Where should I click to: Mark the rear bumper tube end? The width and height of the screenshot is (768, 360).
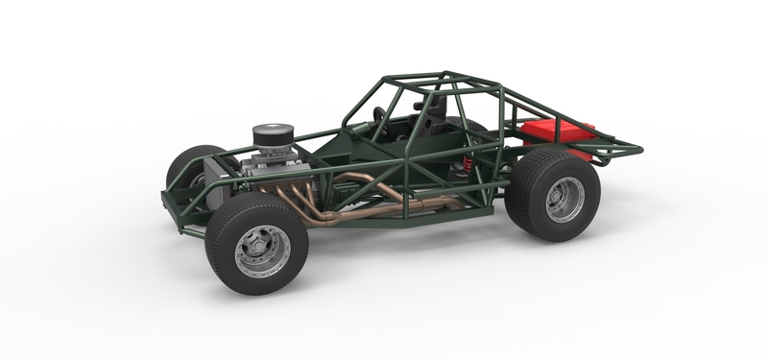point(636,149)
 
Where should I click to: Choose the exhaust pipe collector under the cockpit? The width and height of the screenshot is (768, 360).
point(422,204)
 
